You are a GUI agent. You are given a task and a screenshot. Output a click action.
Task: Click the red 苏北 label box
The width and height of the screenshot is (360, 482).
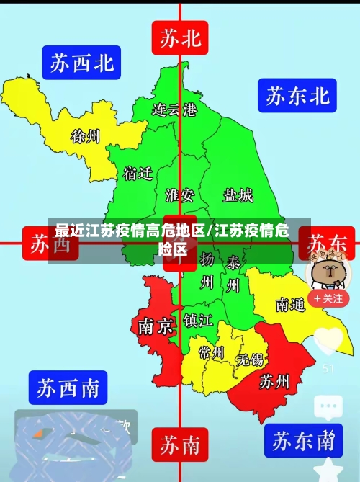click(x=180, y=37)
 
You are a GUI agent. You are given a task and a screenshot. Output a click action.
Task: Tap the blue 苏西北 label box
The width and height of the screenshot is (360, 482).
click(x=81, y=63)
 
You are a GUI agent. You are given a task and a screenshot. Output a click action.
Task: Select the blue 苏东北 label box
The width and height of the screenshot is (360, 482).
click(x=297, y=95)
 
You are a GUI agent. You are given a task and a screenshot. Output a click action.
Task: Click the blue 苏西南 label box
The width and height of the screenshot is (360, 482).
click(x=68, y=388)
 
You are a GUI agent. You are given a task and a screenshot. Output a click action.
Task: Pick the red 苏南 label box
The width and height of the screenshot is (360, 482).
click(x=180, y=445)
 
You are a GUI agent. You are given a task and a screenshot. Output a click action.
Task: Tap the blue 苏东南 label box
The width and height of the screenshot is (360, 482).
click(x=301, y=439)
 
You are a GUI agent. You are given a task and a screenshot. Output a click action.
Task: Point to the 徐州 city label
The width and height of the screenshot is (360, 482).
click(x=86, y=135)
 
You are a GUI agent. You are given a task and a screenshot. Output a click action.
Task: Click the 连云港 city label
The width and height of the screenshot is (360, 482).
click(x=174, y=110)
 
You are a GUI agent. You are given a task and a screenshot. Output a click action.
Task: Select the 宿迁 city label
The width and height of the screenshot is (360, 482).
click(x=138, y=174)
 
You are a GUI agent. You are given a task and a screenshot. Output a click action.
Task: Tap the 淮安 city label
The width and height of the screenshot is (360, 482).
click(x=179, y=195)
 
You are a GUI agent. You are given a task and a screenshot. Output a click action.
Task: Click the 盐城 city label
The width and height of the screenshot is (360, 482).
click(x=238, y=195)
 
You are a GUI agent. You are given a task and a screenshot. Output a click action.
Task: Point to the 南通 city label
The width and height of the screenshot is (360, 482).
click(x=290, y=305)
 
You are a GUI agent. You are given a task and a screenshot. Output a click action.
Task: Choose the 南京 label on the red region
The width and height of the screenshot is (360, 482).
click(x=156, y=326)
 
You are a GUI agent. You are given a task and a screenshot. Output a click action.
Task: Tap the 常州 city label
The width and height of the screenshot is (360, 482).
click(x=212, y=353)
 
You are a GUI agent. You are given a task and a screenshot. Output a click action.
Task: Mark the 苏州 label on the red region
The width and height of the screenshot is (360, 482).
click(x=274, y=381)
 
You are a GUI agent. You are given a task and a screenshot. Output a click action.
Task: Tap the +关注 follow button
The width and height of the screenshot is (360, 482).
click(x=328, y=298)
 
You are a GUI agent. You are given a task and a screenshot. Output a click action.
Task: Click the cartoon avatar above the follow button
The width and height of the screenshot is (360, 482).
click(x=328, y=270)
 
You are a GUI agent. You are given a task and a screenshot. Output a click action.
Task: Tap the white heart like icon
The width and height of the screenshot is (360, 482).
click(x=329, y=340)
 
